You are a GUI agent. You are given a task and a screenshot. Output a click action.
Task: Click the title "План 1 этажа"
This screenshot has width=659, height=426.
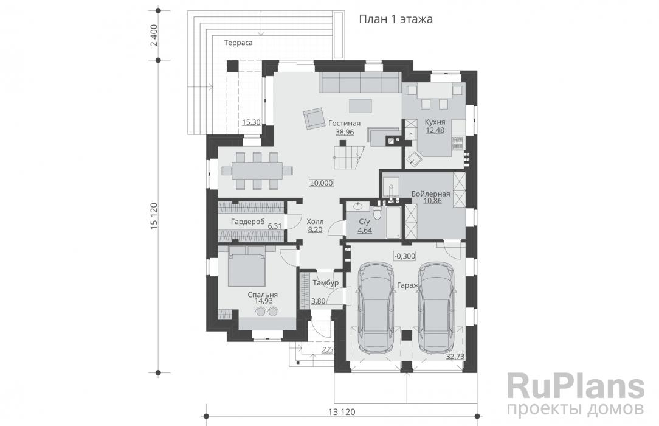[x=396, y=19]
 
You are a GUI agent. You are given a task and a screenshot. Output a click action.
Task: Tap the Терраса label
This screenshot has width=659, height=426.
[x=238, y=43]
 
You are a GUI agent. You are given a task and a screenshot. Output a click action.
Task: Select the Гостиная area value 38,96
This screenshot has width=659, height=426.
[x=344, y=132]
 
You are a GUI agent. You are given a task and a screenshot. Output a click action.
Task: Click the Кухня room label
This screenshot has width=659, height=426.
[x=435, y=122]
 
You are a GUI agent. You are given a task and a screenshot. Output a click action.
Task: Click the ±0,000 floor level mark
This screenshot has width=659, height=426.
[x=322, y=183]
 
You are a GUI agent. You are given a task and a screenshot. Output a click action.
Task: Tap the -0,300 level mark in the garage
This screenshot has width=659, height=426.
[x=405, y=256]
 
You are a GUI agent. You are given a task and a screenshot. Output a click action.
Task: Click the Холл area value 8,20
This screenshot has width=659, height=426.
[x=315, y=229]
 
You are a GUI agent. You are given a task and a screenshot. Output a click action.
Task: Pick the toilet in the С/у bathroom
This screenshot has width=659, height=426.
[x=378, y=212]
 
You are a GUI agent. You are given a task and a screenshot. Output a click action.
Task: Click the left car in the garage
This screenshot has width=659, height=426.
[x=376, y=307]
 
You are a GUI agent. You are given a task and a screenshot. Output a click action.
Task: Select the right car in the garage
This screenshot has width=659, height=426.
[x=436, y=307]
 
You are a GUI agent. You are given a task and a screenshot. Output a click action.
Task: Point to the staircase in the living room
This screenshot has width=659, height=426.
[x=348, y=156]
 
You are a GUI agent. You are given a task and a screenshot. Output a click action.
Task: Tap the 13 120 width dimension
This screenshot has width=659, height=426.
[x=342, y=412]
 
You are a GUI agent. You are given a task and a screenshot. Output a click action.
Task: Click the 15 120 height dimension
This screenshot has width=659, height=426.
[x=154, y=216]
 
